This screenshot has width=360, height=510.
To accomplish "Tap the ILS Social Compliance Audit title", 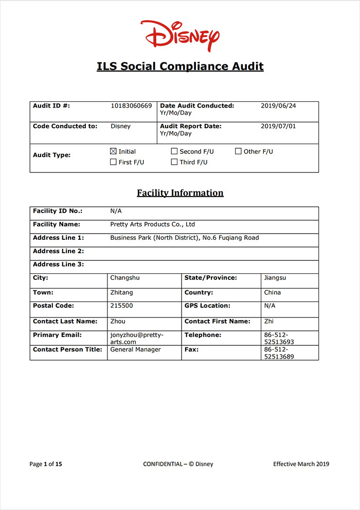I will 180,66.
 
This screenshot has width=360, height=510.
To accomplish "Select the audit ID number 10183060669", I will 131,106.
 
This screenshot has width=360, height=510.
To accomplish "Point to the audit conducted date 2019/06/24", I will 278,106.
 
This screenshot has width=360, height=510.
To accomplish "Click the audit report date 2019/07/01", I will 278,126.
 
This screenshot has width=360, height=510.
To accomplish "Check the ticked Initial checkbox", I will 114,151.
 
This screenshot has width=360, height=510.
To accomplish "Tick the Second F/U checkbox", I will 174,151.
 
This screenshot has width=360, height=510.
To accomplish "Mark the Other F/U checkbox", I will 239,151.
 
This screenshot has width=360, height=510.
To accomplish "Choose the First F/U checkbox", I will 114,162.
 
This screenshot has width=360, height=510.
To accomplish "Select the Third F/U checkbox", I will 174,162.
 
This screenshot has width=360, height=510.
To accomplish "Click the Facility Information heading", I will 180,193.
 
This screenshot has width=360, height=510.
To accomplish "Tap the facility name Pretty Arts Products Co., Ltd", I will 153,224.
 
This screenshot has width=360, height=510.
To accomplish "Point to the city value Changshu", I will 125,278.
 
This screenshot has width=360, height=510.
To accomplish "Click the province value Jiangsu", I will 275,278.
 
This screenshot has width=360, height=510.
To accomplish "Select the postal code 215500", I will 121,306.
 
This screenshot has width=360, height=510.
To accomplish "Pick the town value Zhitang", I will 122,292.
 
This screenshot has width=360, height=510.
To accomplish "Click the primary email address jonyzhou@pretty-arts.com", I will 136,338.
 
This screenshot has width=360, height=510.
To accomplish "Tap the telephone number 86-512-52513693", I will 279,338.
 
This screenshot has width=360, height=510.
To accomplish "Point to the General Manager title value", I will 135,349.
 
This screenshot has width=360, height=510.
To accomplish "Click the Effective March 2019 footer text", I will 301,464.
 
